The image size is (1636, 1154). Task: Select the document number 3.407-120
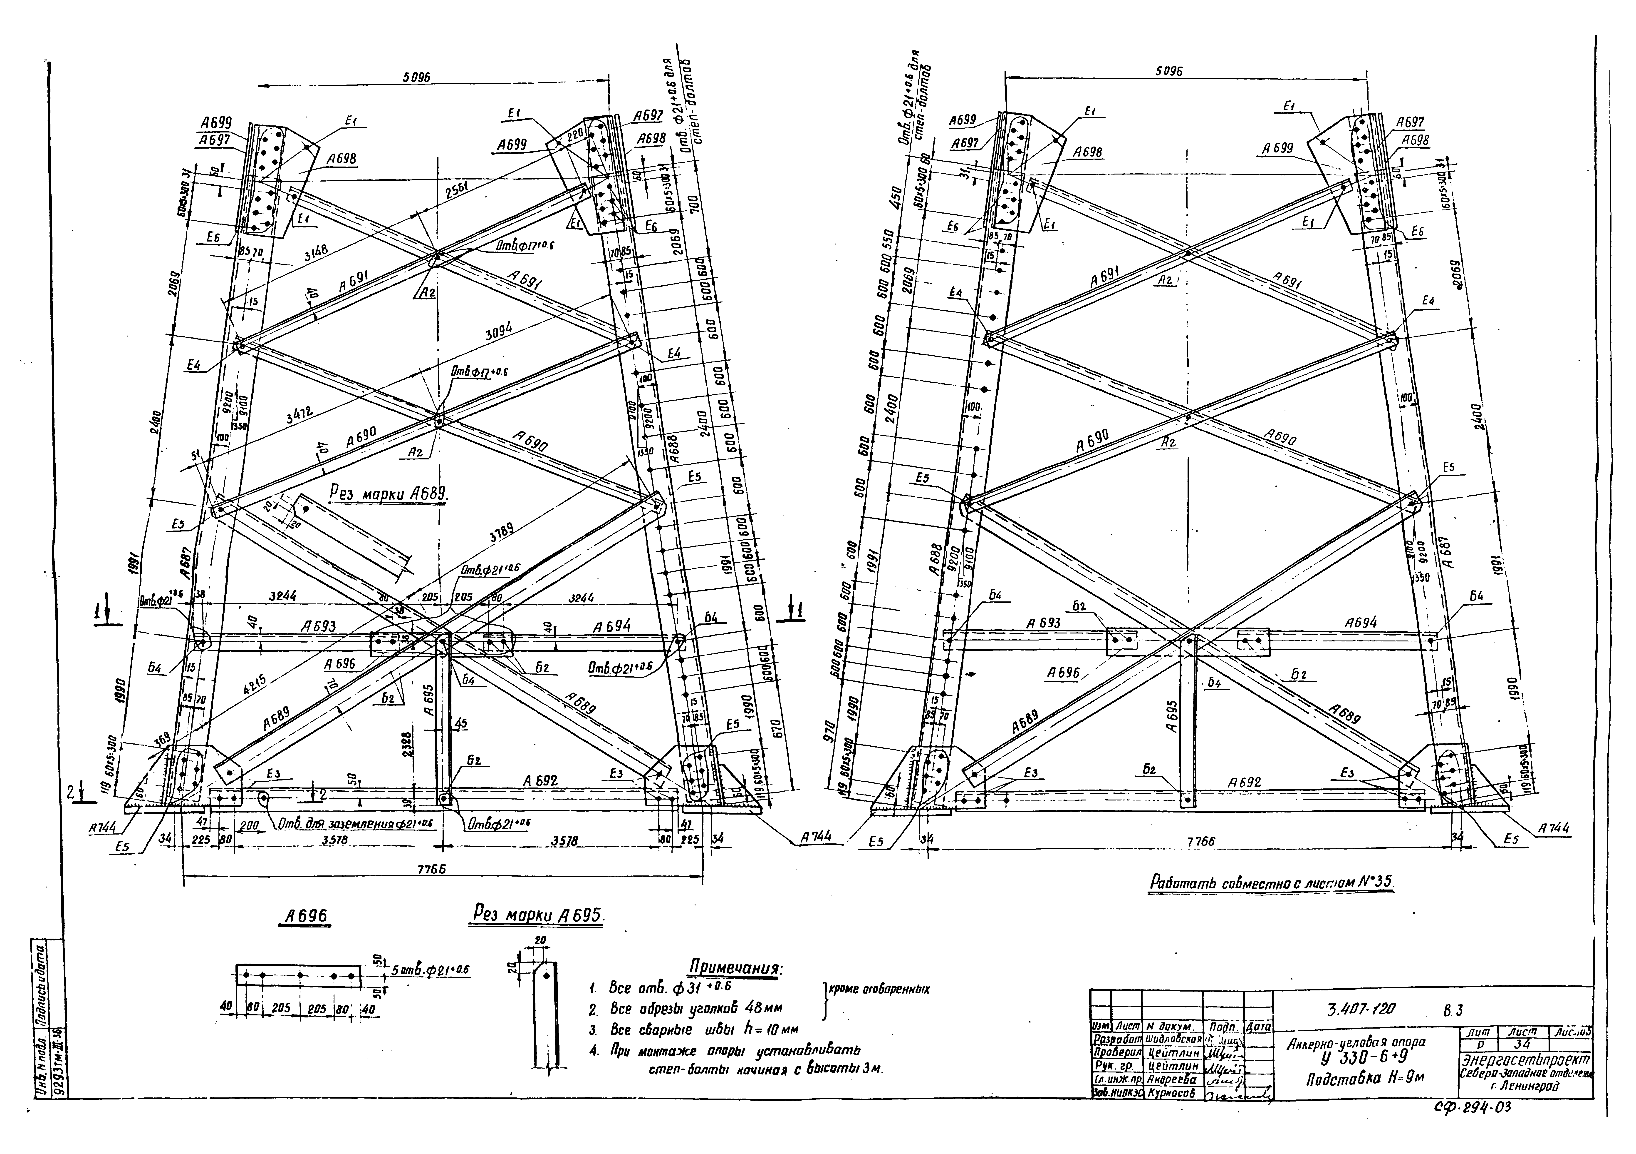tap(1361, 1009)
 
